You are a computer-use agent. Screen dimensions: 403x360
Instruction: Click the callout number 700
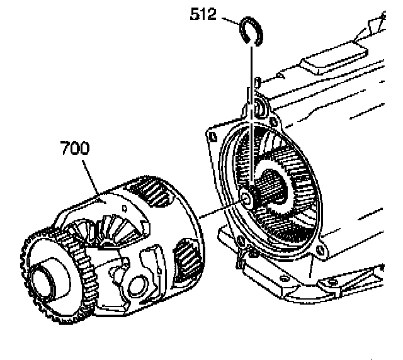(x=75, y=149)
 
